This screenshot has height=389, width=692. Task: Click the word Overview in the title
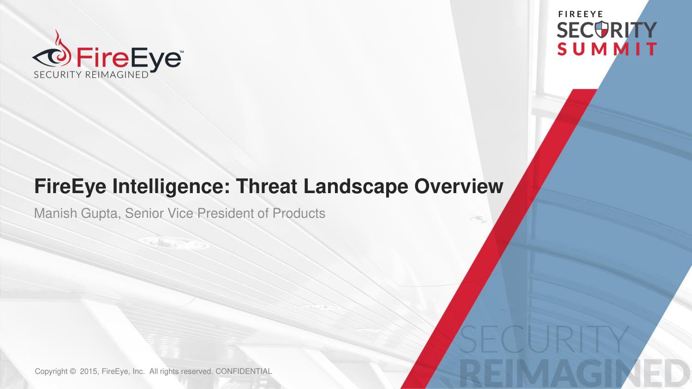coord(459,186)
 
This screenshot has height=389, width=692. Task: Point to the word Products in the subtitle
coord(299,213)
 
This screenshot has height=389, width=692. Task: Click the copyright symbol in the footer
coord(73,371)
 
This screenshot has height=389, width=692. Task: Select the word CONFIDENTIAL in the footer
coord(244,371)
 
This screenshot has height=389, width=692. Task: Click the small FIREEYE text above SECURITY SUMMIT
coord(581,14)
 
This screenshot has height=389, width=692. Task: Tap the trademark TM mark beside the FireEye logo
coord(182,52)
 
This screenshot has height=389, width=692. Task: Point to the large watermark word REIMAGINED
coord(575,375)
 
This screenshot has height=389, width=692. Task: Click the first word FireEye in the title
coord(70,187)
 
